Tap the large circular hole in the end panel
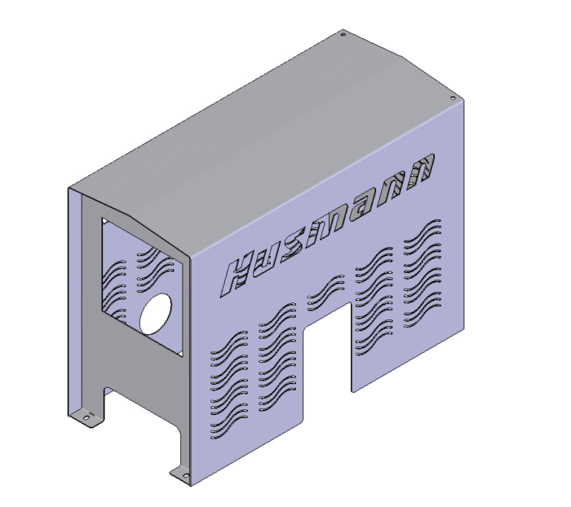pyautogui.click(x=156, y=313)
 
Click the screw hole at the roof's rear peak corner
pyautogui.click(x=343, y=35)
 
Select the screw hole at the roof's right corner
pyautogui.click(x=453, y=98)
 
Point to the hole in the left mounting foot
pyautogui.click(x=86, y=418)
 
